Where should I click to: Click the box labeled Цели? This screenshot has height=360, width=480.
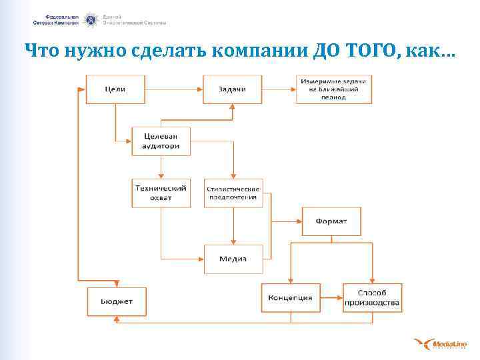point(115,89)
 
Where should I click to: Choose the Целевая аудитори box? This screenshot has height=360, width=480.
point(161,141)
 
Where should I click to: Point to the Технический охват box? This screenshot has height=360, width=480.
point(161,193)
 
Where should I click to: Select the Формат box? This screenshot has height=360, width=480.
point(331,221)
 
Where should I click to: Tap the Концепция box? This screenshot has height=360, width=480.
point(290,298)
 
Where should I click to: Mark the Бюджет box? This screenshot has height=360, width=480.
point(116,301)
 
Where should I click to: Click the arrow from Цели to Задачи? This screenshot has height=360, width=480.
point(174,89)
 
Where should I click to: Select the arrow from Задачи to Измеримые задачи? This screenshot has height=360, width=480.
point(279,89)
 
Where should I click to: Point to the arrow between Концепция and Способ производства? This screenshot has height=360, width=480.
point(331,298)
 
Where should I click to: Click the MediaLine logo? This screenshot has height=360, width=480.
point(438,344)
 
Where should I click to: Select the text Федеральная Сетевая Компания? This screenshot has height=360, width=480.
point(56,19)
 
